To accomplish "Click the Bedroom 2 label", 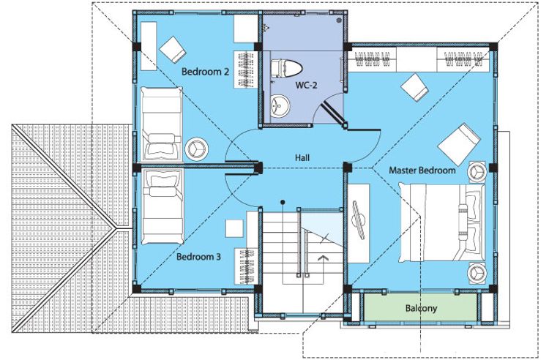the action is click(205, 72).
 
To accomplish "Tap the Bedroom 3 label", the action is click(198, 257).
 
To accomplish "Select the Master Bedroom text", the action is click(422, 170).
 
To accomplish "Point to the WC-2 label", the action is click(306, 85).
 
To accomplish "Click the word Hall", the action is click(302, 158).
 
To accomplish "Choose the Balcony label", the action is click(421, 308).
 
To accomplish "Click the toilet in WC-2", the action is click(286, 68).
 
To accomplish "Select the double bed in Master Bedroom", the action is click(442, 222).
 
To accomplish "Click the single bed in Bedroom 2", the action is click(162, 124).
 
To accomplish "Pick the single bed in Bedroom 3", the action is click(163, 207).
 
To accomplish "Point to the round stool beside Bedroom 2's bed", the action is click(196, 148).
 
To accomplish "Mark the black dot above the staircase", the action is click(283, 202).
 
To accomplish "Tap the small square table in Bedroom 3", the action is click(234, 228).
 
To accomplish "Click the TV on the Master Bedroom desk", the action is click(359, 219).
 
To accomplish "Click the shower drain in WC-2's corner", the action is click(339, 20).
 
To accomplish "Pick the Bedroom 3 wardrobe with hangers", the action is click(247, 266).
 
